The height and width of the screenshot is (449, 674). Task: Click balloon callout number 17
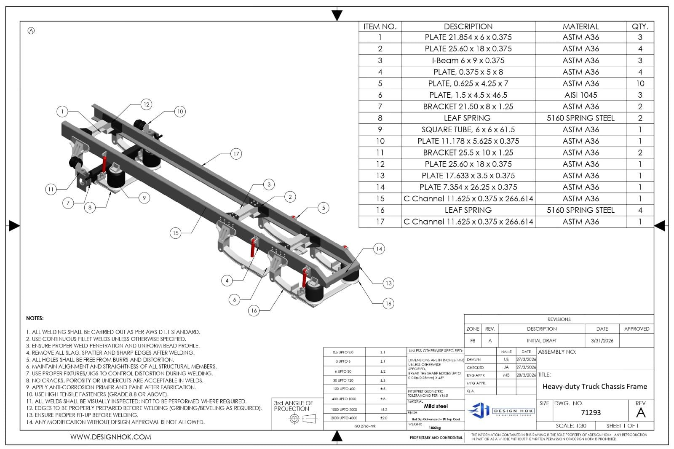(236, 154)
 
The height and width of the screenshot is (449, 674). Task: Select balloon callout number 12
(146, 104)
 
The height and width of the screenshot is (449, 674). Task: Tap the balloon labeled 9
(144, 198)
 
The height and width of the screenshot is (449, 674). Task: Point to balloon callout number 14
(379, 249)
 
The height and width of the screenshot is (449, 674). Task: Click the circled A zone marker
(31, 30)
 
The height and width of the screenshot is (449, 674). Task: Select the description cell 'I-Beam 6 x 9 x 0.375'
(468, 60)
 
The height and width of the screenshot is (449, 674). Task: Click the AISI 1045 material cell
(580, 95)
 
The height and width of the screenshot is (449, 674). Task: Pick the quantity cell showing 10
(640, 83)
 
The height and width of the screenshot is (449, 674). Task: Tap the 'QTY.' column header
(640, 26)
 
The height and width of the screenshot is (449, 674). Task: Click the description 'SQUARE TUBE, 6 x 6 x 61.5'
(468, 129)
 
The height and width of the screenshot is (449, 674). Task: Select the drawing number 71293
(591, 412)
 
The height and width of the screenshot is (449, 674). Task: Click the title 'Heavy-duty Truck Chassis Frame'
(594, 386)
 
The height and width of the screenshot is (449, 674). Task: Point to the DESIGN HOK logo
(500, 410)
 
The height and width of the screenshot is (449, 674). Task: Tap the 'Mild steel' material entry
(436, 406)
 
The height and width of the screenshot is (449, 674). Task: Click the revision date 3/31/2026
(602, 340)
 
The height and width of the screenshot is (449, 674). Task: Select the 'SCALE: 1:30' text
(571, 425)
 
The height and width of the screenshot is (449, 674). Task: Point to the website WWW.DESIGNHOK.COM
(110, 437)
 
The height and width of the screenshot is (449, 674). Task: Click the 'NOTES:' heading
(35, 318)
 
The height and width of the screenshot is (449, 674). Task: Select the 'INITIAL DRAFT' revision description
(541, 340)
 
